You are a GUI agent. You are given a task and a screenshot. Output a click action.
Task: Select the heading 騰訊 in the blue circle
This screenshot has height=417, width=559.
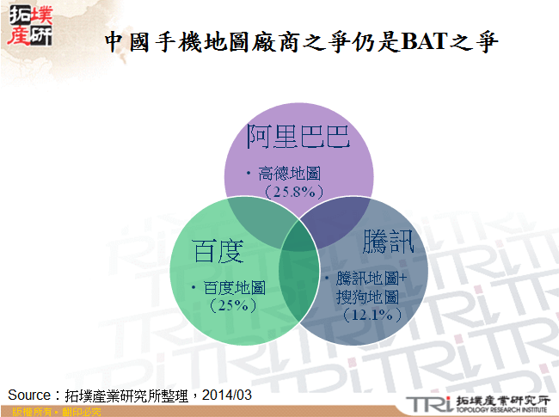point(389,241)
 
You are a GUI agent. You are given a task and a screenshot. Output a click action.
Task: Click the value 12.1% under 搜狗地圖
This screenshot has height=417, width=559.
point(372,316)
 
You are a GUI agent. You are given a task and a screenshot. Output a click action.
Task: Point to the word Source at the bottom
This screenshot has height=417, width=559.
point(29,394)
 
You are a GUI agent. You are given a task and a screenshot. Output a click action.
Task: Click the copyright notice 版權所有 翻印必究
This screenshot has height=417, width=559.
point(52,412)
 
